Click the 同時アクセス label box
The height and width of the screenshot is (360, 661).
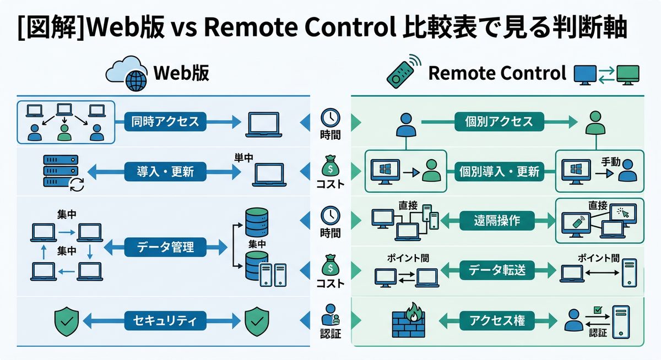[165, 121]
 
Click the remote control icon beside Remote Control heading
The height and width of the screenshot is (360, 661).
[400, 71]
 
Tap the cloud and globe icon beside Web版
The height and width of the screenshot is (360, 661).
[127, 73]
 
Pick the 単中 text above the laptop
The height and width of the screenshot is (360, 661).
[243, 157]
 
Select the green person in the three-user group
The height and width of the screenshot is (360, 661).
[65, 132]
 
